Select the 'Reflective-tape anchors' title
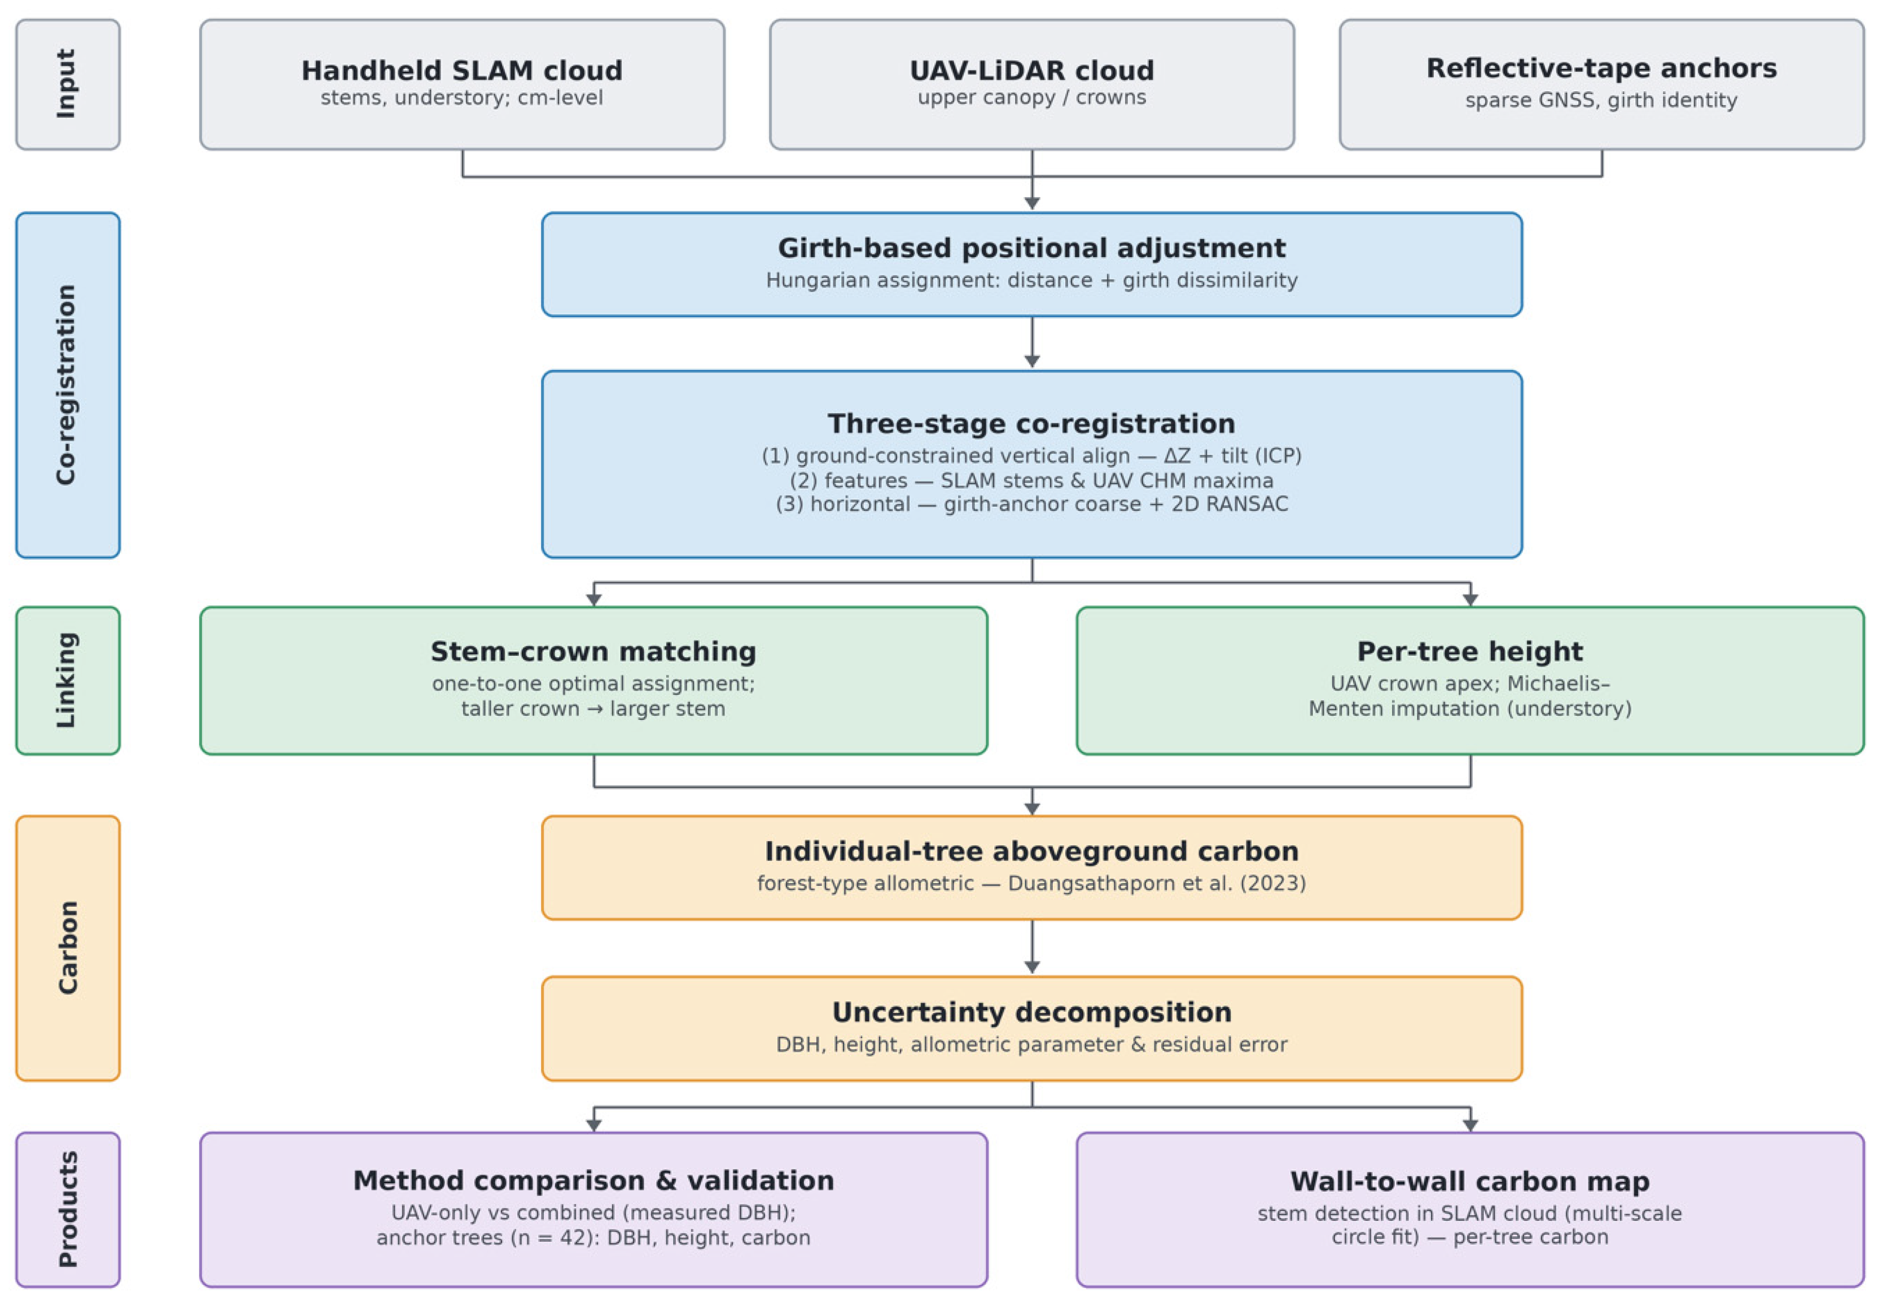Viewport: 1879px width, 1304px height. click(x=1602, y=68)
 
